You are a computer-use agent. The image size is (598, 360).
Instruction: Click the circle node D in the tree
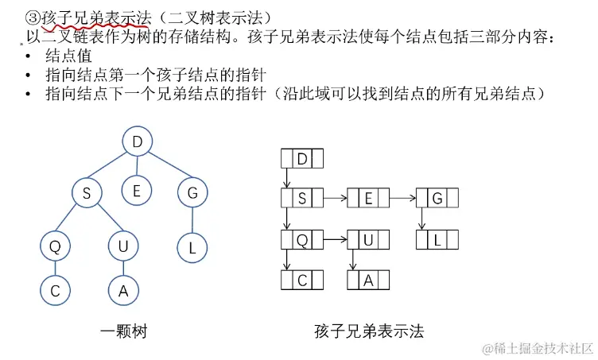click(x=138, y=143)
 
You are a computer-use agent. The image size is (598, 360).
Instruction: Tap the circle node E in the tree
click(x=137, y=190)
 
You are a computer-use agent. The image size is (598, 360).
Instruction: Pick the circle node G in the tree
click(x=192, y=192)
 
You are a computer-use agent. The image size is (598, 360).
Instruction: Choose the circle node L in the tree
click(x=192, y=248)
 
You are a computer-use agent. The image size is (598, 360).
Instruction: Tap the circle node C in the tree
click(x=55, y=291)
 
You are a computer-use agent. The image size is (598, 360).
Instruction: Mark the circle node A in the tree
click(x=123, y=291)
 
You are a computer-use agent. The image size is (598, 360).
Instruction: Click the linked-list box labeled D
click(x=302, y=159)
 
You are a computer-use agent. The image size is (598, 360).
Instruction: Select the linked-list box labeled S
click(x=302, y=199)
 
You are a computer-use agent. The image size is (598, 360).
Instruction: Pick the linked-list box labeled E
click(x=369, y=199)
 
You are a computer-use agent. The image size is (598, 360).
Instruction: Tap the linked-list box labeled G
click(x=437, y=199)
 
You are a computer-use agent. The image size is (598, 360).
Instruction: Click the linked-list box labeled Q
click(x=302, y=239)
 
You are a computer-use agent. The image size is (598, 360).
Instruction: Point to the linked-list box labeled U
click(x=369, y=239)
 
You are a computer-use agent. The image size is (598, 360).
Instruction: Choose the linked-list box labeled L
click(x=437, y=239)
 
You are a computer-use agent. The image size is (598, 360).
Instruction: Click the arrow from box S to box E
click(x=335, y=199)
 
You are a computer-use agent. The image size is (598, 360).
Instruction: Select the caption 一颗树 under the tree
click(x=123, y=331)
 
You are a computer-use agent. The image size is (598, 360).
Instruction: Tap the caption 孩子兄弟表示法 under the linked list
click(x=370, y=331)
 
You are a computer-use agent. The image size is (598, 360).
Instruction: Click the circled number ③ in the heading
click(x=33, y=17)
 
